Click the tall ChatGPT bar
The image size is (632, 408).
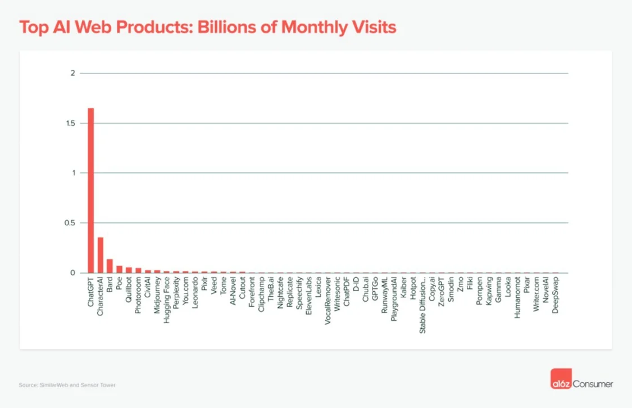pos(90,191)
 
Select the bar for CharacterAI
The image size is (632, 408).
pos(100,255)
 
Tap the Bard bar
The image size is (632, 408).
pos(110,266)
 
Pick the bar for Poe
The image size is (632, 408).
pos(119,269)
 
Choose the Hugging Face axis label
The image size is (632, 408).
pos(167,298)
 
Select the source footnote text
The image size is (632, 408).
pos(67,385)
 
